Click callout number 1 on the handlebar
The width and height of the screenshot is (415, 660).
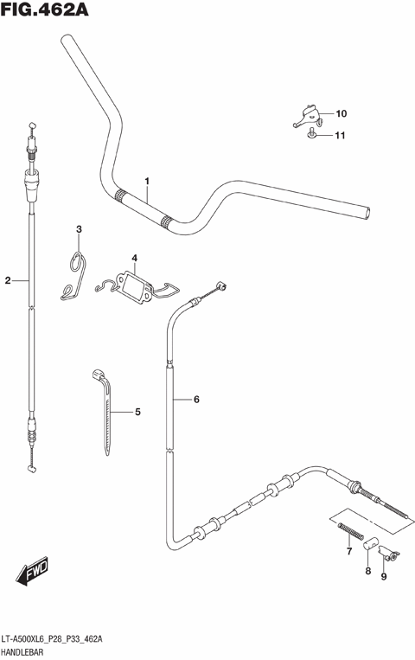[147, 182]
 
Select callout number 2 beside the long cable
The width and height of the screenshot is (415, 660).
[8, 280]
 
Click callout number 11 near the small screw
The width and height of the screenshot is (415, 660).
[341, 136]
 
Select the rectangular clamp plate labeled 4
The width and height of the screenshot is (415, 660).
[135, 285]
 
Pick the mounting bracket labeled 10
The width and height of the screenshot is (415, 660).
[307, 113]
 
